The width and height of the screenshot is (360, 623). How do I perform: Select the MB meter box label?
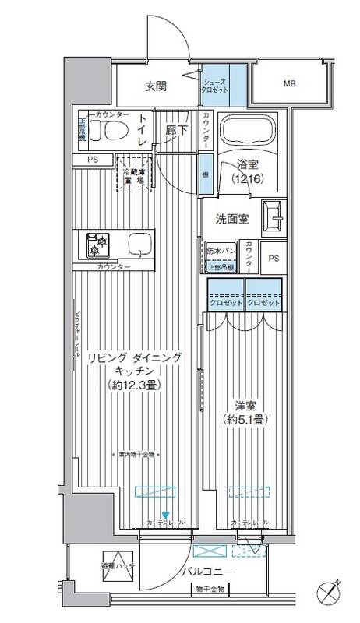point(289,83)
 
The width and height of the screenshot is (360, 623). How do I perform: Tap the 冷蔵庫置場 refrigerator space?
point(132,173)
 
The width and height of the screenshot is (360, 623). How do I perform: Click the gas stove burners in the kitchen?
point(100,245)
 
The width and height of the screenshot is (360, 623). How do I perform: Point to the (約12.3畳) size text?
point(134,385)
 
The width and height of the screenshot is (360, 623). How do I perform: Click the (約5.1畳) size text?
point(246,418)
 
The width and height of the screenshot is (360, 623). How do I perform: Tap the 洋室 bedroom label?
point(246,405)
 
